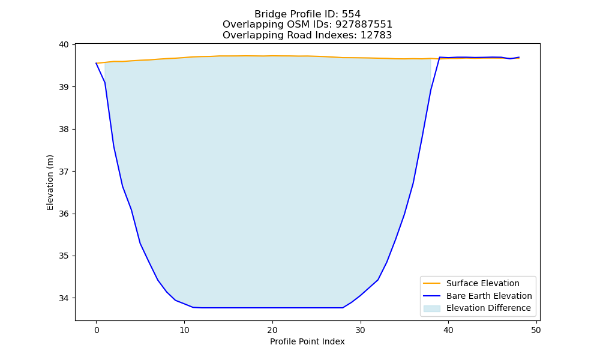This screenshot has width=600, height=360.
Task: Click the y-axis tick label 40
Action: [x=64, y=45]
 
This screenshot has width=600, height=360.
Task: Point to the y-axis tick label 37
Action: [x=64, y=172]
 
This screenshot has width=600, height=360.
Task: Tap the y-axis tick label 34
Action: [x=64, y=298]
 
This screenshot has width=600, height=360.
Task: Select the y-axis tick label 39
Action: [x=64, y=87]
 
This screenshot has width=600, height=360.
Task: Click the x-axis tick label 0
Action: [x=96, y=330]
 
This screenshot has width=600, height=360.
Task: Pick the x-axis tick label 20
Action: [x=272, y=330]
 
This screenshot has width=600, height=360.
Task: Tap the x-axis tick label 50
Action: [x=536, y=330]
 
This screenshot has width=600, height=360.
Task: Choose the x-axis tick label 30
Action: [x=360, y=330]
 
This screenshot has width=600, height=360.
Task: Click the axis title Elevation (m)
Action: [x=50, y=182]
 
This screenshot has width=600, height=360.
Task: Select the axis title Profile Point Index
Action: [x=307, y=341]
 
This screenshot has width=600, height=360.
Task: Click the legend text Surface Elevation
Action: [x=482, y=283]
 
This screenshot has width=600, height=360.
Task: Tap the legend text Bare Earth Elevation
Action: [x=489, y=296]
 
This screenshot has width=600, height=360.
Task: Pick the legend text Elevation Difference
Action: [x=488, y=308]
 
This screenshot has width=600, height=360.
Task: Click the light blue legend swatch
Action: [x=431, y=308]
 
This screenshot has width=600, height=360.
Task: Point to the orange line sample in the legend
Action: [x=431, y=283]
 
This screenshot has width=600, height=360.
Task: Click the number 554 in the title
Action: [x=351, y=14]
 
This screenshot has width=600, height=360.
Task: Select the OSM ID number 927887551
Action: [x=364, y=25]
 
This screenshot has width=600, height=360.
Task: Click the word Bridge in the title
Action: [x=268, y=14]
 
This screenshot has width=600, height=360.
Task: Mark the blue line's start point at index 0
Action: [x=96, y=63]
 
